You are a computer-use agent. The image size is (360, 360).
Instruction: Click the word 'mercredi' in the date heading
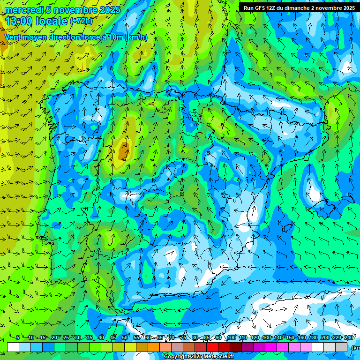tap(24, 10)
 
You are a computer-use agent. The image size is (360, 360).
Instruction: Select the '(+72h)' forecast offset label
tap(81, 21)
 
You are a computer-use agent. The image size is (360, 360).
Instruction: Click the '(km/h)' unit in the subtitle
tap(136, 37)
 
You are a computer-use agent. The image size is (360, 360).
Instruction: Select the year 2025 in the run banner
tap(347, 8)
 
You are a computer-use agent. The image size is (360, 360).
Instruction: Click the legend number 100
tap(232, 338)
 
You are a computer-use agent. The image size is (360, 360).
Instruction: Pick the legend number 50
tap(125, 338)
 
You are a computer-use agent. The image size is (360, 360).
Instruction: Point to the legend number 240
tap(349, 338)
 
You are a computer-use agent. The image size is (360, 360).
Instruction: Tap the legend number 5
tap(18, 338)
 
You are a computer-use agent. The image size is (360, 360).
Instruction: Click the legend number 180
tap(313, 338)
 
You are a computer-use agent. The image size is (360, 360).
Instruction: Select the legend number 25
tap(66, 338)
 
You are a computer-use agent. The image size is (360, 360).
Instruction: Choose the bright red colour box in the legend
tap(212, 347)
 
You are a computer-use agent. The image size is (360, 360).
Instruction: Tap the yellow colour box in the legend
tap(130, 347)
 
